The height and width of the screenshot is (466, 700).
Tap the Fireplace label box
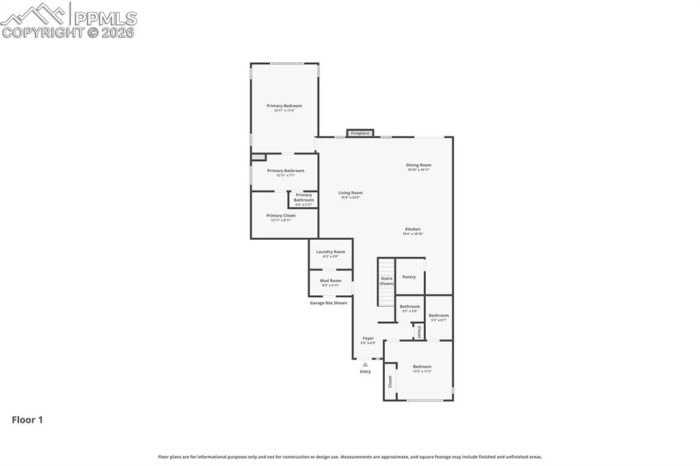tap(360, 133)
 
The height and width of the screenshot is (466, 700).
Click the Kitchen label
tap(412, 230)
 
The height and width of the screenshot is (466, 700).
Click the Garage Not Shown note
tap(328, 303)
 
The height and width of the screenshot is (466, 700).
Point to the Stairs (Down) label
tap(386, 280)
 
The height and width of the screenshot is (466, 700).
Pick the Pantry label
tap(409, 277)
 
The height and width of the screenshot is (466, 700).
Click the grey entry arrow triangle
tap(365, 364)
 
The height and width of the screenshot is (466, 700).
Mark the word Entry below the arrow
tap(365, 372)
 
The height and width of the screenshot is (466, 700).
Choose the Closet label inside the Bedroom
tap(390, 381)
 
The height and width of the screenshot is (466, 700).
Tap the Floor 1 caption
tap(27, 420)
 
